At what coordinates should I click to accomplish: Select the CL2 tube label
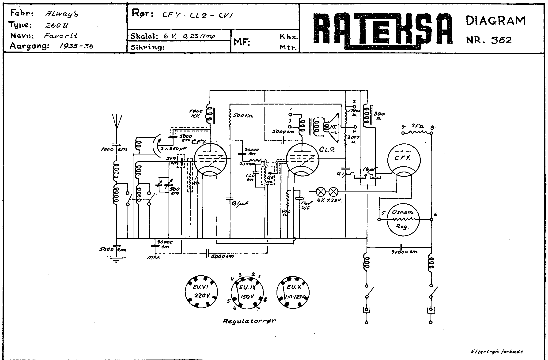(327, 150)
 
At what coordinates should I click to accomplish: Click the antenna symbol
(117, 122)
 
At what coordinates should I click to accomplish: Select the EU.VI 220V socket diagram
(201, 292)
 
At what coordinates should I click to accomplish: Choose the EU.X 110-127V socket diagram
(294, 292)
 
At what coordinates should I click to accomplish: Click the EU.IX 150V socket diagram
(247, 292)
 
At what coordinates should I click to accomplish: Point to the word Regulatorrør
(249, 321)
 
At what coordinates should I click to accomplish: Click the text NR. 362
(489, 40)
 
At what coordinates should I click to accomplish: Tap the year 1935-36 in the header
(76, 46)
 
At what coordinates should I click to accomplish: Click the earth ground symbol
(116, 259)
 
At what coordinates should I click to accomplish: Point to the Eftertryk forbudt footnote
(497, 351)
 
